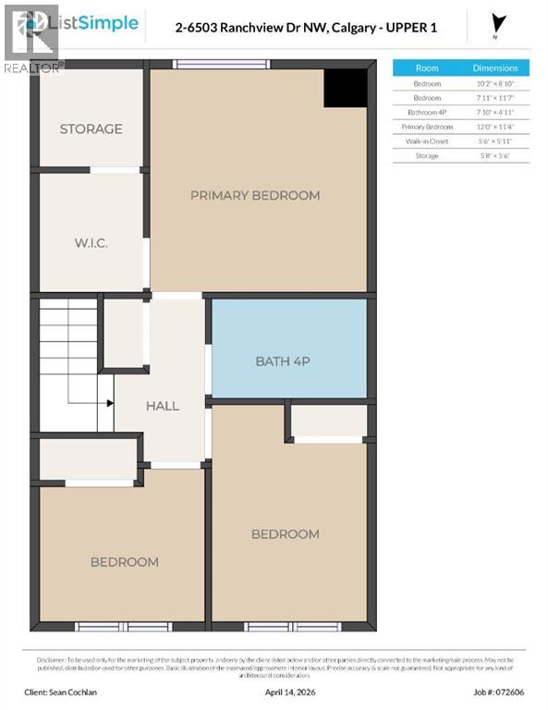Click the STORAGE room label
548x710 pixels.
91,129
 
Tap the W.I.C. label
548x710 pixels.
91,243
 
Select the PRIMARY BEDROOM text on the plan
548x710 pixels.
255,195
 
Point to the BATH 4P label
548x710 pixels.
283,361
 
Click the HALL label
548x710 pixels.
163,406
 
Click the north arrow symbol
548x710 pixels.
501,23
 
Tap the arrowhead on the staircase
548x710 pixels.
109,403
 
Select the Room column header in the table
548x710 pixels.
427,67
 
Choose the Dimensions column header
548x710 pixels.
495,67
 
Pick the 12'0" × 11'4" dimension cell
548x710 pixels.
495,127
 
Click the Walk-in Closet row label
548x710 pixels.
427,141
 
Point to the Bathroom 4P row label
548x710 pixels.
427,112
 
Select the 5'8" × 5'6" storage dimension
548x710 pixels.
495,156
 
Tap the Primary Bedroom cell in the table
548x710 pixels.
427,127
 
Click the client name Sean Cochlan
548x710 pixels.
71,691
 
